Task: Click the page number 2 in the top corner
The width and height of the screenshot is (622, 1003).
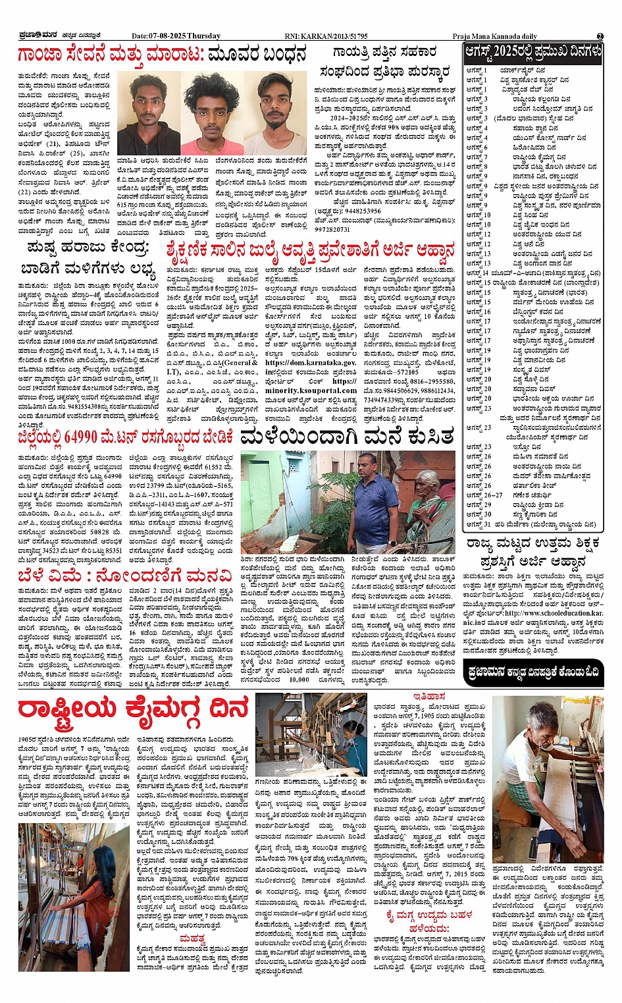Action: pyautogui.click(x=600, y=36)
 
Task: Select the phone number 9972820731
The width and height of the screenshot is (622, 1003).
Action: pyautogui.click(x=333, y=229)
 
